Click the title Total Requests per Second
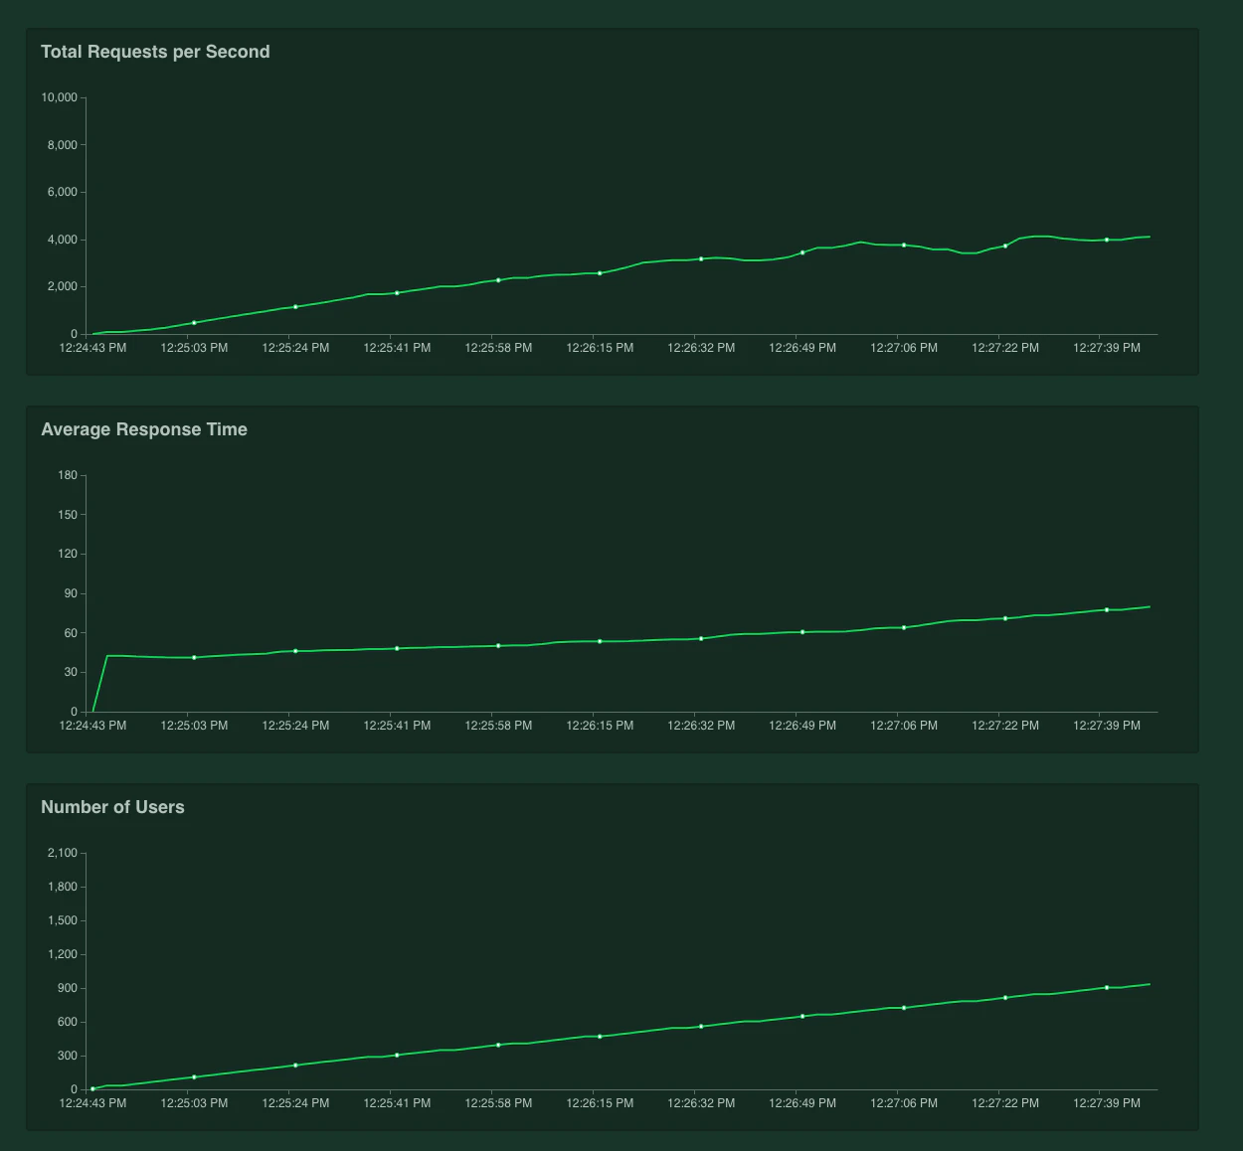coord(155,52)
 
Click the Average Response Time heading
coord(144,429)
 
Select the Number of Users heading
coord(112,807)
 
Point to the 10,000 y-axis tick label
coord(59,97)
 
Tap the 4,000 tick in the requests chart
coord(62,240)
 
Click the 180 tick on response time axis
coord(68,475)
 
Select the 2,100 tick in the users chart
coord(62,853)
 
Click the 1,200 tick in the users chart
coord(62,954)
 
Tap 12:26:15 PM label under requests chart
coord(600,348)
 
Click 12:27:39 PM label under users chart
coord(1107,1103)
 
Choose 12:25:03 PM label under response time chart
coord(194,726)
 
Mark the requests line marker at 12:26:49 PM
coord(802,252)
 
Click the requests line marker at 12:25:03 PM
coord(194,323)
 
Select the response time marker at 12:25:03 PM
coord(194,657)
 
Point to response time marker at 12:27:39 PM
coord(1107,609)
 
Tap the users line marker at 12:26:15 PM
coord(600,1037)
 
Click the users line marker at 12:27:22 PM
coord(1005,997)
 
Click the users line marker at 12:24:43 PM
coord(92,1089)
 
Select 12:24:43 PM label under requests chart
coord(92,348)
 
